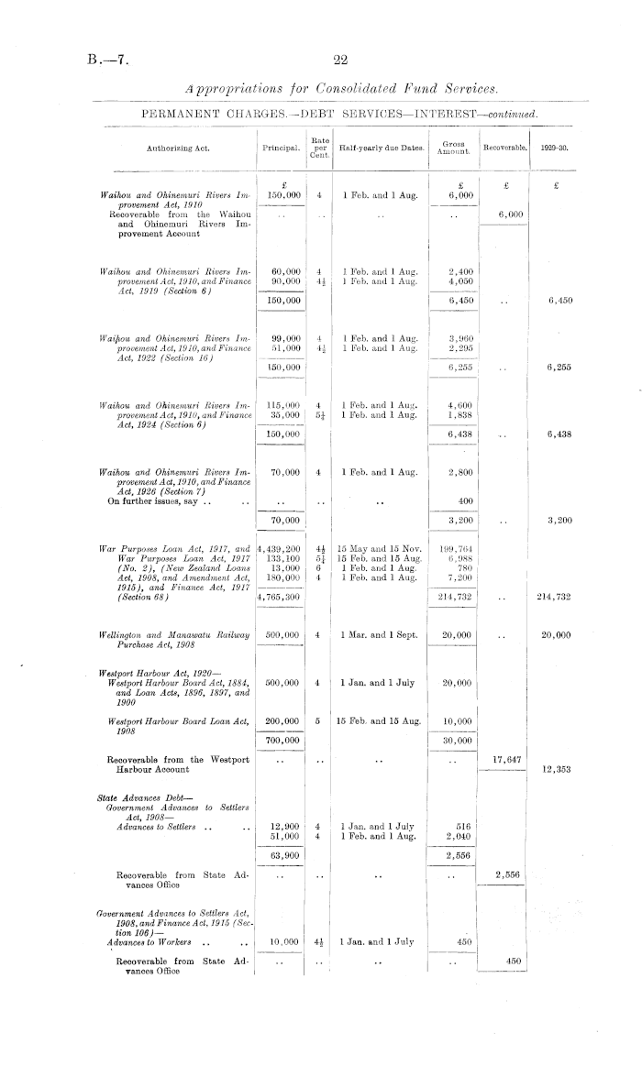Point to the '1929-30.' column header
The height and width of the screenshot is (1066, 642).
[555, 147]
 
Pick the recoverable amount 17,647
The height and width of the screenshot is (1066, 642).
[504, 758]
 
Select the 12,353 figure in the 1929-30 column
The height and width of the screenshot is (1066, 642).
[555, 770]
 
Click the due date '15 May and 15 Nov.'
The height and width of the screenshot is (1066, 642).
[379, 548]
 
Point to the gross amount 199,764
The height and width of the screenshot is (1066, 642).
[457, 548]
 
